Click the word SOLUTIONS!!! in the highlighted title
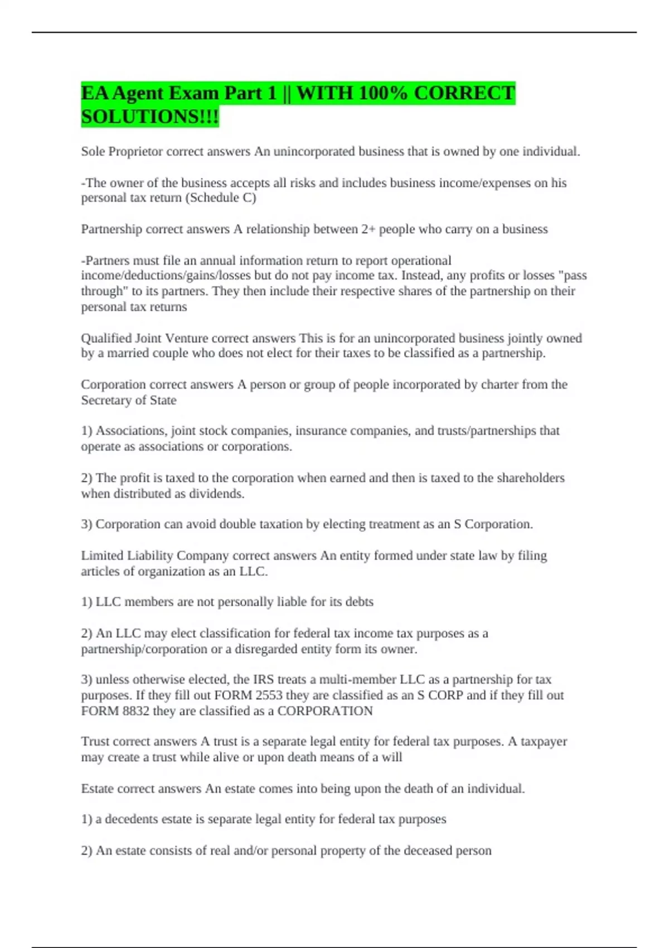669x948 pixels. coord(150,117)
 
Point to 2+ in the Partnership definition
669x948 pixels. coord(368,229)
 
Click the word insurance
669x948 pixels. coord(321,431)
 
